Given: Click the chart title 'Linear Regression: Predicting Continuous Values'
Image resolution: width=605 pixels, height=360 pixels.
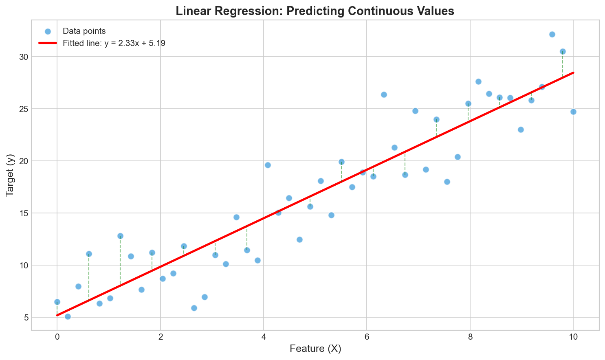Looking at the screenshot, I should (315, 11).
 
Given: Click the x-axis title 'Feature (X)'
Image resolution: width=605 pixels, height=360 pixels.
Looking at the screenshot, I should (315, 349).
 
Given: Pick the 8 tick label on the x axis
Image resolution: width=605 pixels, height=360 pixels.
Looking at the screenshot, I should (470, 336).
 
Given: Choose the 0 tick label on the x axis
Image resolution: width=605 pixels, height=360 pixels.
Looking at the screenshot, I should (57, 336).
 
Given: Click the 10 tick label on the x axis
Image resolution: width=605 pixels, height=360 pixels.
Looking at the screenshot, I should (573, 336).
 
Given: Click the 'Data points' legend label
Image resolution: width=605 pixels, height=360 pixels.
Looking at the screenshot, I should (84, 31).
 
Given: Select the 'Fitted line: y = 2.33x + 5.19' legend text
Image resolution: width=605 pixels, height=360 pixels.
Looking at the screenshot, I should (114, 43).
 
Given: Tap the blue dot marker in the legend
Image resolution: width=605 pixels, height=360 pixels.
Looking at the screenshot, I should (48, 31).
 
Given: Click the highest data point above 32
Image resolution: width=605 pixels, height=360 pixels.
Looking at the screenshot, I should (552, 34).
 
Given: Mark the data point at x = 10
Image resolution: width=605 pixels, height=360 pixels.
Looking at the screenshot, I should (573, 112).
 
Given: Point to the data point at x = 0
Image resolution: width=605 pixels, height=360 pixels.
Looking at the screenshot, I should (57, 302).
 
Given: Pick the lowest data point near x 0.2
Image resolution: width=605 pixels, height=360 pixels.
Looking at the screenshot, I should (68, 316).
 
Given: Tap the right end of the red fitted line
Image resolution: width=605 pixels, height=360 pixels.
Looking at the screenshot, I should (573, 72).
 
